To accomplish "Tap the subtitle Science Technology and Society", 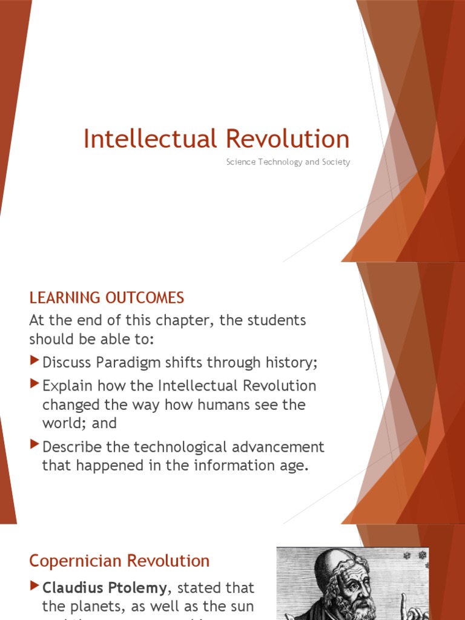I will pyautogui.click(x=288, y=162).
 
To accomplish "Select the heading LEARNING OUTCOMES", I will pyautogui.click(x=107, y=298).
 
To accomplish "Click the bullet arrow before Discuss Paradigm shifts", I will pyautogui.click(x=34, y=362).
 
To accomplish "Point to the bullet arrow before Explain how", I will pyautogui.click(x=34, y=385).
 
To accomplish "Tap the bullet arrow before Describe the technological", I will pyautogui.click(x=34, y=446).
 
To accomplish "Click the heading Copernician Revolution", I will pyautogui.click(x=119, y=561).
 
